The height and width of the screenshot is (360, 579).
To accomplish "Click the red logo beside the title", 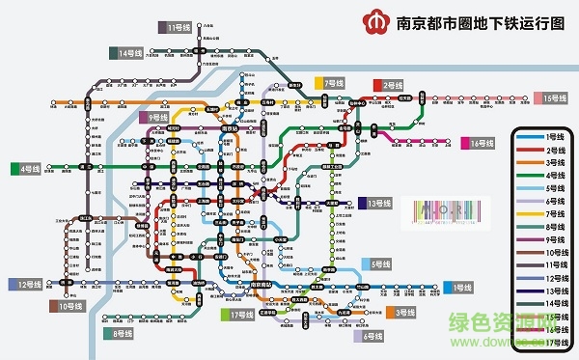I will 372,20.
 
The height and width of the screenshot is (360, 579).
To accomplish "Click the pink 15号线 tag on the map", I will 553,97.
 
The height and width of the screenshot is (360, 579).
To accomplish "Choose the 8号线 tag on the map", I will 121,333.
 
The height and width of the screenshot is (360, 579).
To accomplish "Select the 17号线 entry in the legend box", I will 553,342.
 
